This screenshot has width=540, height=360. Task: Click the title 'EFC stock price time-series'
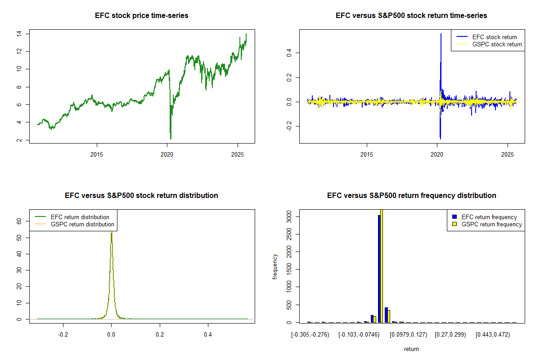pyautogui.click(x=141, y=15)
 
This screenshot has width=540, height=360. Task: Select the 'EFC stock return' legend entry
pyautogui.click(x=486, y=37)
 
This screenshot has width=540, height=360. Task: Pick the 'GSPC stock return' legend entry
pyautogui.click(x=489, y=45)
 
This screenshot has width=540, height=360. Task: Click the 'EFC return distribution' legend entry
pyautogui.click(x=72, y=217)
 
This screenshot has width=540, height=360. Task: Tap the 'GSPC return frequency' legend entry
pyautogui.click(x=487, y=224)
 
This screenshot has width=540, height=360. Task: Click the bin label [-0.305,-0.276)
pyautogui.click(x=310, y=335)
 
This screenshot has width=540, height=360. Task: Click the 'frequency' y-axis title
pyautogui.click(x=275, y=267)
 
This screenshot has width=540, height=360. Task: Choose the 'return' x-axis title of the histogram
pyautogui.click(x=411, y=349)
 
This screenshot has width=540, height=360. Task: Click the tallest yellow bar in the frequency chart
pyautogui.click(x=382, y=265)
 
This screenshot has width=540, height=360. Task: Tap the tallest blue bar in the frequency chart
pyautogui.click(x=379, y=269)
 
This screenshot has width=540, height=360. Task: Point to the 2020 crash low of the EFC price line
pyautogui.click(x=171, y=139)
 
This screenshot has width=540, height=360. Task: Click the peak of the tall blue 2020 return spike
pyautogui.click(x=441, y=34)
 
